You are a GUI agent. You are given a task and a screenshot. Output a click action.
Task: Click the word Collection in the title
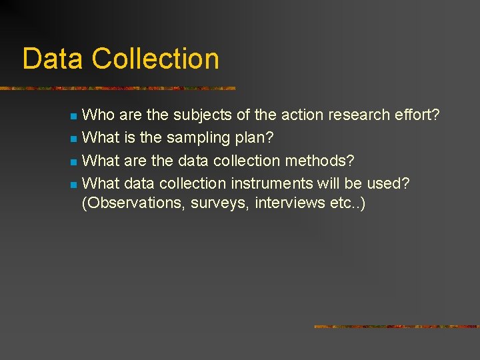point(155,59)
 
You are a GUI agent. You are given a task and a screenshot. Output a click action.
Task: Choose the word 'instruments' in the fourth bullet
point(271,183)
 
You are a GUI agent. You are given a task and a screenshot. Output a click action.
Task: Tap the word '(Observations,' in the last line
point(133,203)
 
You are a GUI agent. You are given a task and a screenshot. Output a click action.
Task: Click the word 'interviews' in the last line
point(287,203)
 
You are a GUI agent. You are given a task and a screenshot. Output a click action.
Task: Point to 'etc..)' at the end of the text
point(347,203)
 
